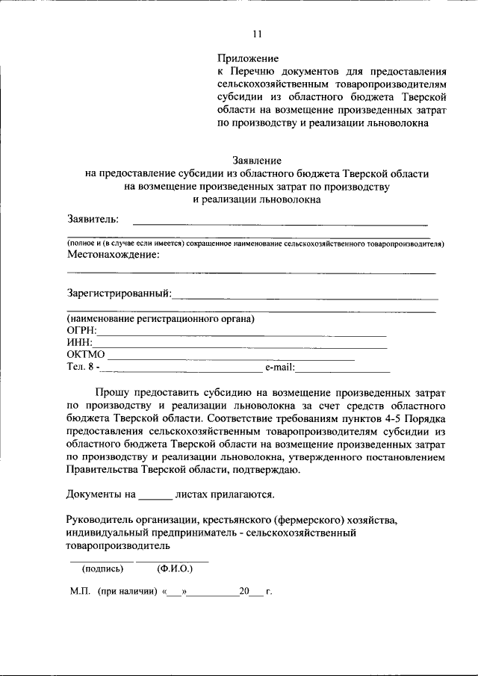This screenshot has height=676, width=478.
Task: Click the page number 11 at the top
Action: (258, 33)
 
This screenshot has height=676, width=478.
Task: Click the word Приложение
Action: (248, 58)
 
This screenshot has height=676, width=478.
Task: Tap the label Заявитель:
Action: (93, 218)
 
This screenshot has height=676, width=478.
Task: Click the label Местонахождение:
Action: (113, 255)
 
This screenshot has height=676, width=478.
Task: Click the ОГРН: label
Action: (82, 331)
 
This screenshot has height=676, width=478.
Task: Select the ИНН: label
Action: (80, 343)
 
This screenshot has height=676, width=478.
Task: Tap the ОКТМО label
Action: (86, 355)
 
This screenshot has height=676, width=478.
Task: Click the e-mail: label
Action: (280, 367)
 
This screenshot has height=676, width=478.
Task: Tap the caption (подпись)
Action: (102, 568)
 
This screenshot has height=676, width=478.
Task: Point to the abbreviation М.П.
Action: (80, 592)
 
